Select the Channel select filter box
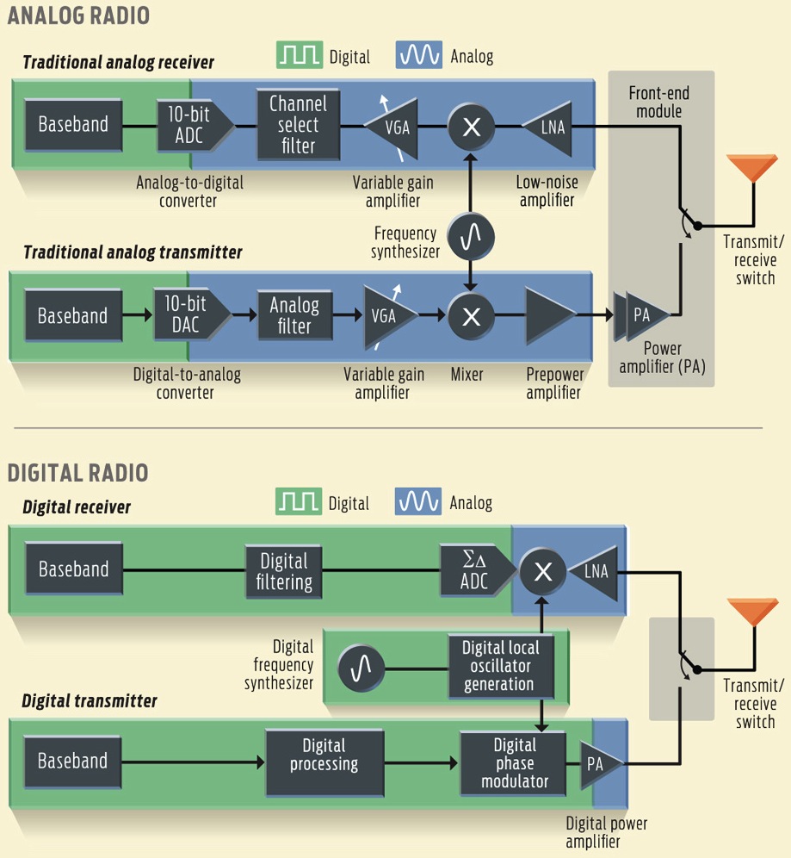click(299, 125)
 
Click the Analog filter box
click(294, 315)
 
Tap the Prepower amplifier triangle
click(549, 315)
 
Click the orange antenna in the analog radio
click(751, 168)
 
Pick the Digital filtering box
click(284, 570)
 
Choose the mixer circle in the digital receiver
click(542, 570)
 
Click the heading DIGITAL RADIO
click(77, 473)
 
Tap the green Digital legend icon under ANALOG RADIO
click(300, 56)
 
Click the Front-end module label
click(659, 102)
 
